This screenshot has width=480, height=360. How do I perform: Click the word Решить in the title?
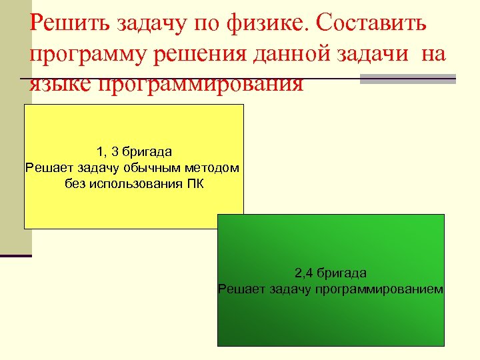tap(71, 24)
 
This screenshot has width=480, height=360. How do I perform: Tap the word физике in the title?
tap(264, 24)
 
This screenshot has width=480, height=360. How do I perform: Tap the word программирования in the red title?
tap(201, 84)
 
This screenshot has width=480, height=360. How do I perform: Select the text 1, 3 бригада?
tap(134, 151)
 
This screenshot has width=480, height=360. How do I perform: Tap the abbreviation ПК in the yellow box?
tap(194, 183)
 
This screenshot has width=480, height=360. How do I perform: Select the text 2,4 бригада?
tap(330, 273)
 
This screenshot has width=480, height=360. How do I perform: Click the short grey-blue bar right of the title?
tap(407, 79)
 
